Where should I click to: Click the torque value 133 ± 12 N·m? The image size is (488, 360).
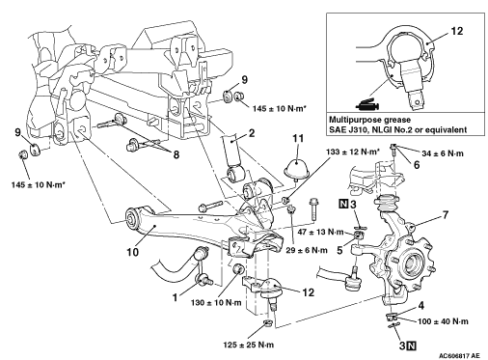(x=351, y=152)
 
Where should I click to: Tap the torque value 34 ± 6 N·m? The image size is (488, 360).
(x=443, y=153)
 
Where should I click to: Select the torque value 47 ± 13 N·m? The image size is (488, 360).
(x=320, y=232)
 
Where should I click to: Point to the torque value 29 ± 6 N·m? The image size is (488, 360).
(x=307, y=250)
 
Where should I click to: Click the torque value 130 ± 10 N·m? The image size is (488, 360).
(x=216, y=303)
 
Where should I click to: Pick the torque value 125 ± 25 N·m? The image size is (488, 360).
(x=249, y=345)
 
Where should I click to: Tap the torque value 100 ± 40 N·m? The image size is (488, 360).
(x=443, y=321)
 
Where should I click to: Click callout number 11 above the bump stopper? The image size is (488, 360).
(x=298, y=139)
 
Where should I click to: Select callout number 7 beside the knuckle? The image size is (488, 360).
(x=445, y=214)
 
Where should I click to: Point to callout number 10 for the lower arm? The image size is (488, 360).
(x=132, y=252)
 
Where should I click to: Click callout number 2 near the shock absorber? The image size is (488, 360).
(x=252, y=133)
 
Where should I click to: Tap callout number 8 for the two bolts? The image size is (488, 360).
(x=176, y=154)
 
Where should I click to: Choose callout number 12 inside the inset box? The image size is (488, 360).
(x=456, y=31)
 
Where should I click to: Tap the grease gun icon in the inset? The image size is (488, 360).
(x=368, y=104)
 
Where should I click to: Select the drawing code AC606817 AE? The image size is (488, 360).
(x=460, y=355)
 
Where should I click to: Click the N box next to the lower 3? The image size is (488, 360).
(x=411, y=346)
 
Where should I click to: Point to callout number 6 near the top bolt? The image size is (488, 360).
(x=417, y=165)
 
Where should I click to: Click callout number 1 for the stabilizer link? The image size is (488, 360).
(x=175, y=297)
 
